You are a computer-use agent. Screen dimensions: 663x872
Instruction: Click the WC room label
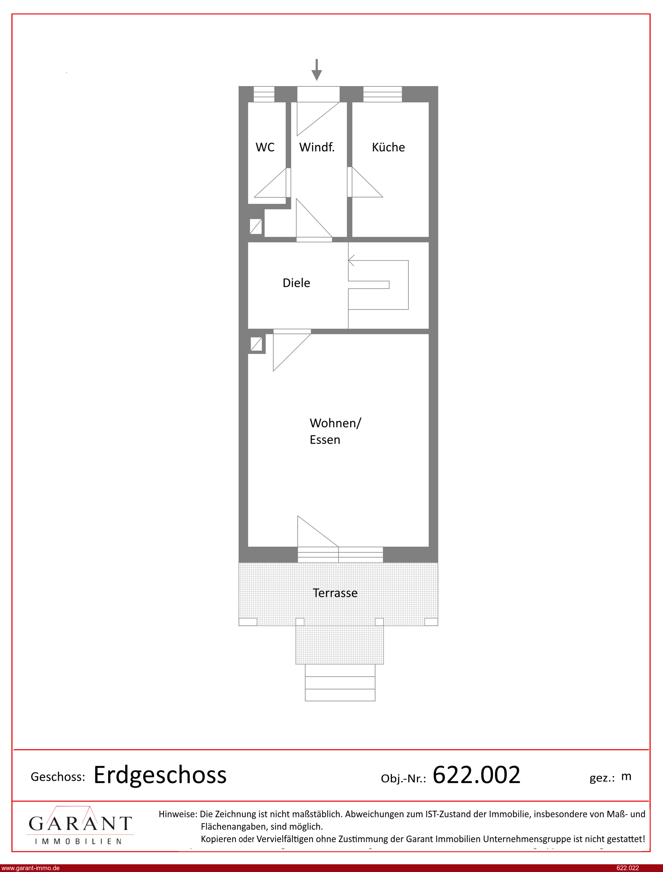tap(265, 147)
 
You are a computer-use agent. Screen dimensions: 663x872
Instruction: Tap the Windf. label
tap(317, 147)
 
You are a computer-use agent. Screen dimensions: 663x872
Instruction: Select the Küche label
tap(388, 147)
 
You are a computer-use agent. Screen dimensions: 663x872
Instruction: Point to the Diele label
tap(296, 283)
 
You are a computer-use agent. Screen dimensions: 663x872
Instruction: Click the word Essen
tap(325, 440)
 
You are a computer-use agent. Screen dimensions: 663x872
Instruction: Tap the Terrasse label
tap(335, 593)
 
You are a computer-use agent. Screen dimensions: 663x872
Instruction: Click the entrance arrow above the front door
tap(317, 70)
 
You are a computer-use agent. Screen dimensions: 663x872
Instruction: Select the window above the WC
tap(264, 94)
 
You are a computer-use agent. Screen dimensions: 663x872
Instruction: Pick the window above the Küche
tap(382, 94)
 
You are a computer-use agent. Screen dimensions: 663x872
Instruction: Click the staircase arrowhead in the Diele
tap(351, 260)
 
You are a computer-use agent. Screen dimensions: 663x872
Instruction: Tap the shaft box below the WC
tap(256, 226)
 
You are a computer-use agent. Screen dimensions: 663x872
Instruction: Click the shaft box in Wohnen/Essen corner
tap(256, 344)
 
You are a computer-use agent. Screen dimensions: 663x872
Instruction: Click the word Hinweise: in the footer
tap(178, 814)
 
